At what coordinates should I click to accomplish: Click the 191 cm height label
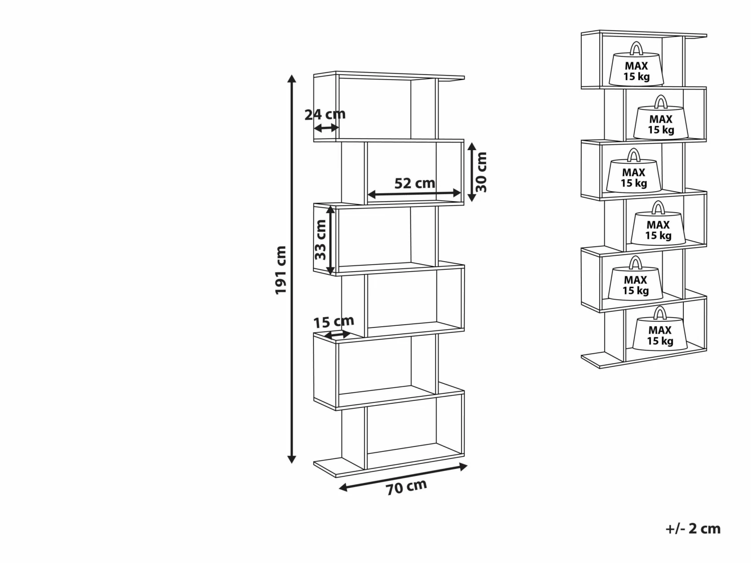pyautogui.click(x=281, y=270)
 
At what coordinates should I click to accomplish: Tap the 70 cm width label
pyautogui.click(x=406, y=486)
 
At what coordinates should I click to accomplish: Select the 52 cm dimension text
pyautogui.click(x=415, y=183)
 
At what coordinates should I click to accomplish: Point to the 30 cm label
pyautogui.click(x=481, y=172)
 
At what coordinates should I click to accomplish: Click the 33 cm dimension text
pyautogui.click(x=320, y=240)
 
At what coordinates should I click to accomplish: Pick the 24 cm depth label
pyautogui.click(x=325, y=114)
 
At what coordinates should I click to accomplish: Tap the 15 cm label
pyautogui.click(x=333, y=321)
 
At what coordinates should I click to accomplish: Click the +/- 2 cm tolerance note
pyautogui.click(x=693, y=528)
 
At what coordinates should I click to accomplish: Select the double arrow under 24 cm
pyautogui.click(x=326, y=128)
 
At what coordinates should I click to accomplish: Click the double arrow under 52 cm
pyautogui.click(x=414, y=193)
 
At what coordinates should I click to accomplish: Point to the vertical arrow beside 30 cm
pyautogui.click(x=471, y=172)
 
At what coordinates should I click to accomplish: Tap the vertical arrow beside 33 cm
pyautogui.click(x=330, y=240)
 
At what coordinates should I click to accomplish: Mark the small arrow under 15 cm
pyautogui.click(x=338, y=334)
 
